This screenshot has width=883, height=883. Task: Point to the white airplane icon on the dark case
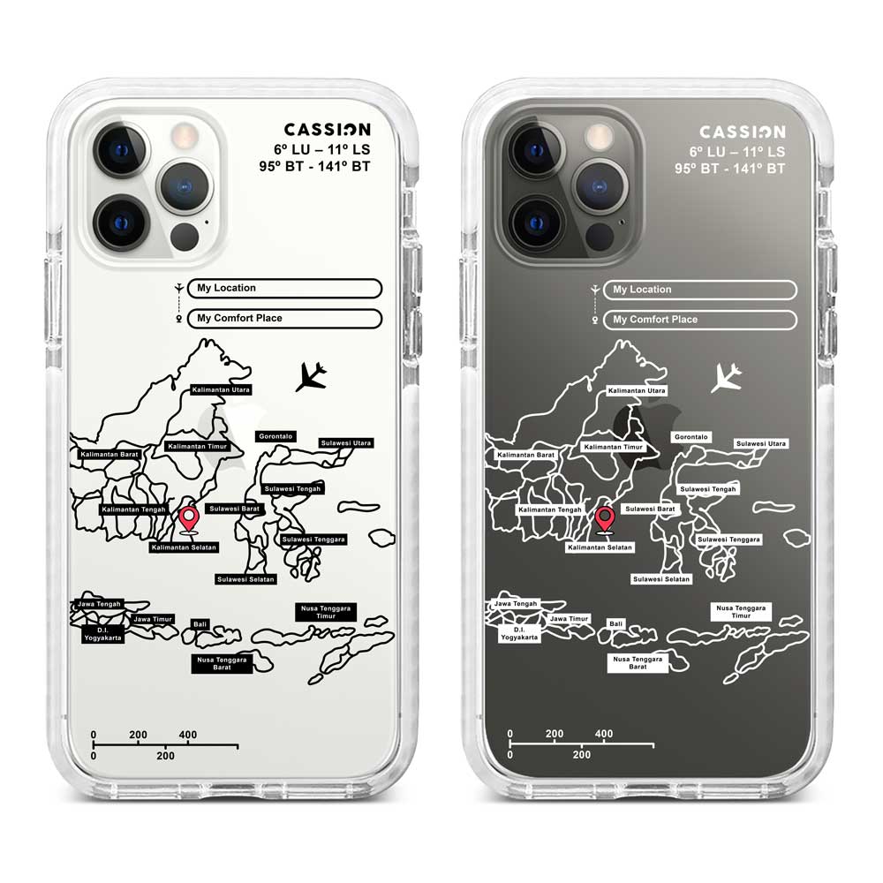click(x=726, y=377)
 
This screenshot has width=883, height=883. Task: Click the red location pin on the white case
click(x=188, y=519)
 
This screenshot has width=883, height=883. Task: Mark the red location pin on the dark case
click(x=604, y=520)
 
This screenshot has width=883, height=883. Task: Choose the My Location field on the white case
click(x=284, y=288)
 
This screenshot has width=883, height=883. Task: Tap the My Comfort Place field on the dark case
click(x=700, y=320)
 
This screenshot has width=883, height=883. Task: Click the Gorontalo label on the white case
click(x=275, y=436)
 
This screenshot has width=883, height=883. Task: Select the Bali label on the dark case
click(x=615, y=623)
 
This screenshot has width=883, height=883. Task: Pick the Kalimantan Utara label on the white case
click(x=221, y=389)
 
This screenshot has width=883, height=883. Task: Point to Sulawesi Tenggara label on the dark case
click(x=728, y=539)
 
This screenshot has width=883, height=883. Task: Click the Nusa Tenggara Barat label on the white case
click(x=222, y=663)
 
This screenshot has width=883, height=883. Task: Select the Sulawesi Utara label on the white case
click(x=346, y=442)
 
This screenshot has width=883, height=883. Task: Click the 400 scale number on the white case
click(x=188, y=735)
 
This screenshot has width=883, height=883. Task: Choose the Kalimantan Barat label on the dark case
click(x=525, y=455)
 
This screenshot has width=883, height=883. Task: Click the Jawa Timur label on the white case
click(x=153, y=619)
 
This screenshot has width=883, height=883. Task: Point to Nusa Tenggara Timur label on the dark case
click(x=742, y=611)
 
